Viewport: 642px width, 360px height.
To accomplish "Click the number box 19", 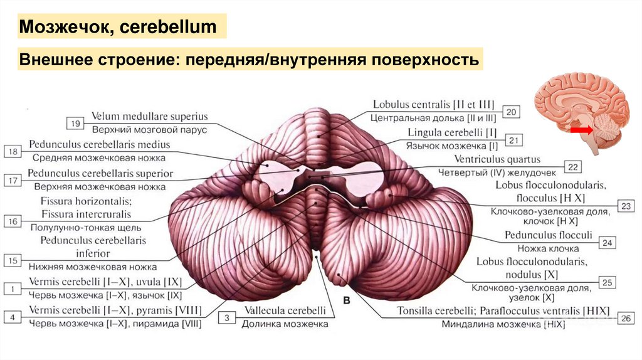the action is (76, 123).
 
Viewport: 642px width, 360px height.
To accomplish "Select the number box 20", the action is (511, 112).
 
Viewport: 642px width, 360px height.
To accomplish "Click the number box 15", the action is (13, 260).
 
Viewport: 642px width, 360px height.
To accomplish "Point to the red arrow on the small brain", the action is (582, 130).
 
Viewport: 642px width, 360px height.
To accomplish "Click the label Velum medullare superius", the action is (149, 117).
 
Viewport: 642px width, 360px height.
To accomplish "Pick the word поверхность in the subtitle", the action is (426, 61).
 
